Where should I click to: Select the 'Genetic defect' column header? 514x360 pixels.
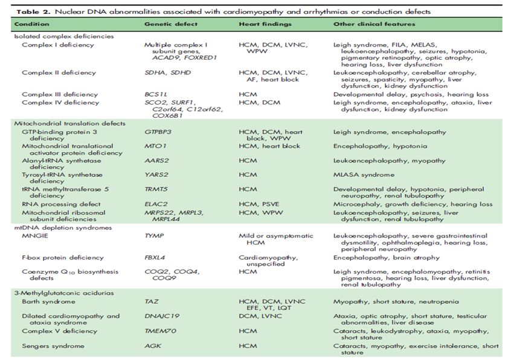coord(167,24)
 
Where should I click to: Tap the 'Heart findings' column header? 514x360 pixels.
coord(265,24)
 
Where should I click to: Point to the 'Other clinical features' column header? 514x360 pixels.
coord(374,24)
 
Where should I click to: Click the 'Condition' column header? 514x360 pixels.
coord(31,24)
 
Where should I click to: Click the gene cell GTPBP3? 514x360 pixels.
coord(158,132)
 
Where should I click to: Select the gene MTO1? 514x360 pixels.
coord(153,146)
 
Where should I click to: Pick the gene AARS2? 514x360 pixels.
coord(155,161)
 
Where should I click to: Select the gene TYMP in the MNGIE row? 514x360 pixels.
coord(153,235)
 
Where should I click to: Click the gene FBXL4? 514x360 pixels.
coord(155,257)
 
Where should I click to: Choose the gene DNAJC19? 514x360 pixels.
coord(161,315)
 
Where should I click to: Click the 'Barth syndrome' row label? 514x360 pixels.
coord(48,301)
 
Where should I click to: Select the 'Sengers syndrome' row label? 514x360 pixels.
coord(51,346)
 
